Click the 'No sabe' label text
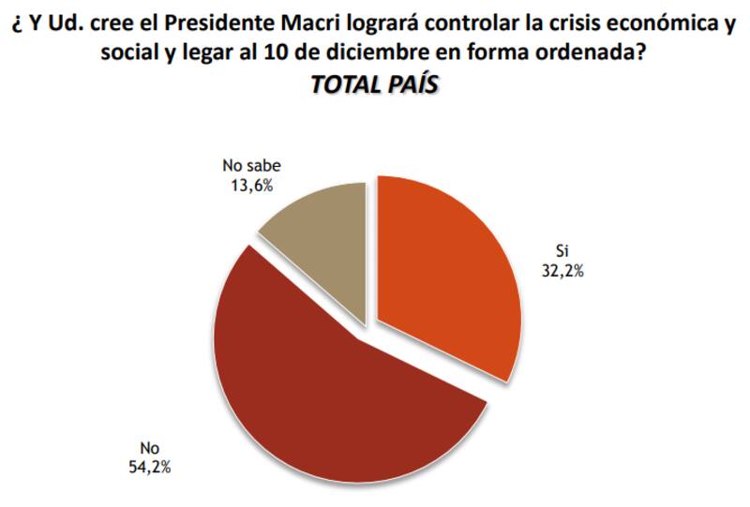tap(251, 167)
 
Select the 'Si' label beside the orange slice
tap(562, 251)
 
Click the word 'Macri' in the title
tap(339, 24)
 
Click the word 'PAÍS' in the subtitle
tap(406, 84)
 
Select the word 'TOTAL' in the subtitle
tap(341, 84)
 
